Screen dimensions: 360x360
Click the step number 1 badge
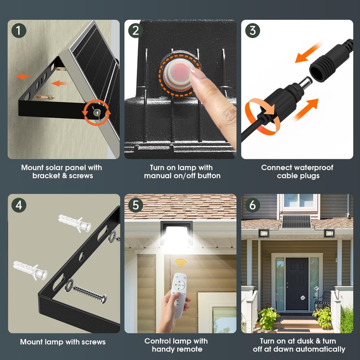tap(18, 31)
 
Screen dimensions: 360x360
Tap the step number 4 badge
tap(18, 205)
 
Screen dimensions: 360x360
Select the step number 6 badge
tap(252, 205)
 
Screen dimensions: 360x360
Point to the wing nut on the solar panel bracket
tap(97, 112)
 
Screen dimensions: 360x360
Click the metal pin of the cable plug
tap(306, 82)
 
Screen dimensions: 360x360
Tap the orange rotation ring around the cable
tap(262, 116)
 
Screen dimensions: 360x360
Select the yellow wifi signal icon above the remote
tap(180, 263)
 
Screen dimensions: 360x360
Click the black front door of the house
tap(297, 284)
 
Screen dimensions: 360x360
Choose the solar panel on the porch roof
tap(297, 221)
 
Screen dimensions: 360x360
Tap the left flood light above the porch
tap(263, 233)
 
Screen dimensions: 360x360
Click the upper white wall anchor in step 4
tap(75, 223)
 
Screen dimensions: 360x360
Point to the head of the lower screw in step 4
tap(104, 299)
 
